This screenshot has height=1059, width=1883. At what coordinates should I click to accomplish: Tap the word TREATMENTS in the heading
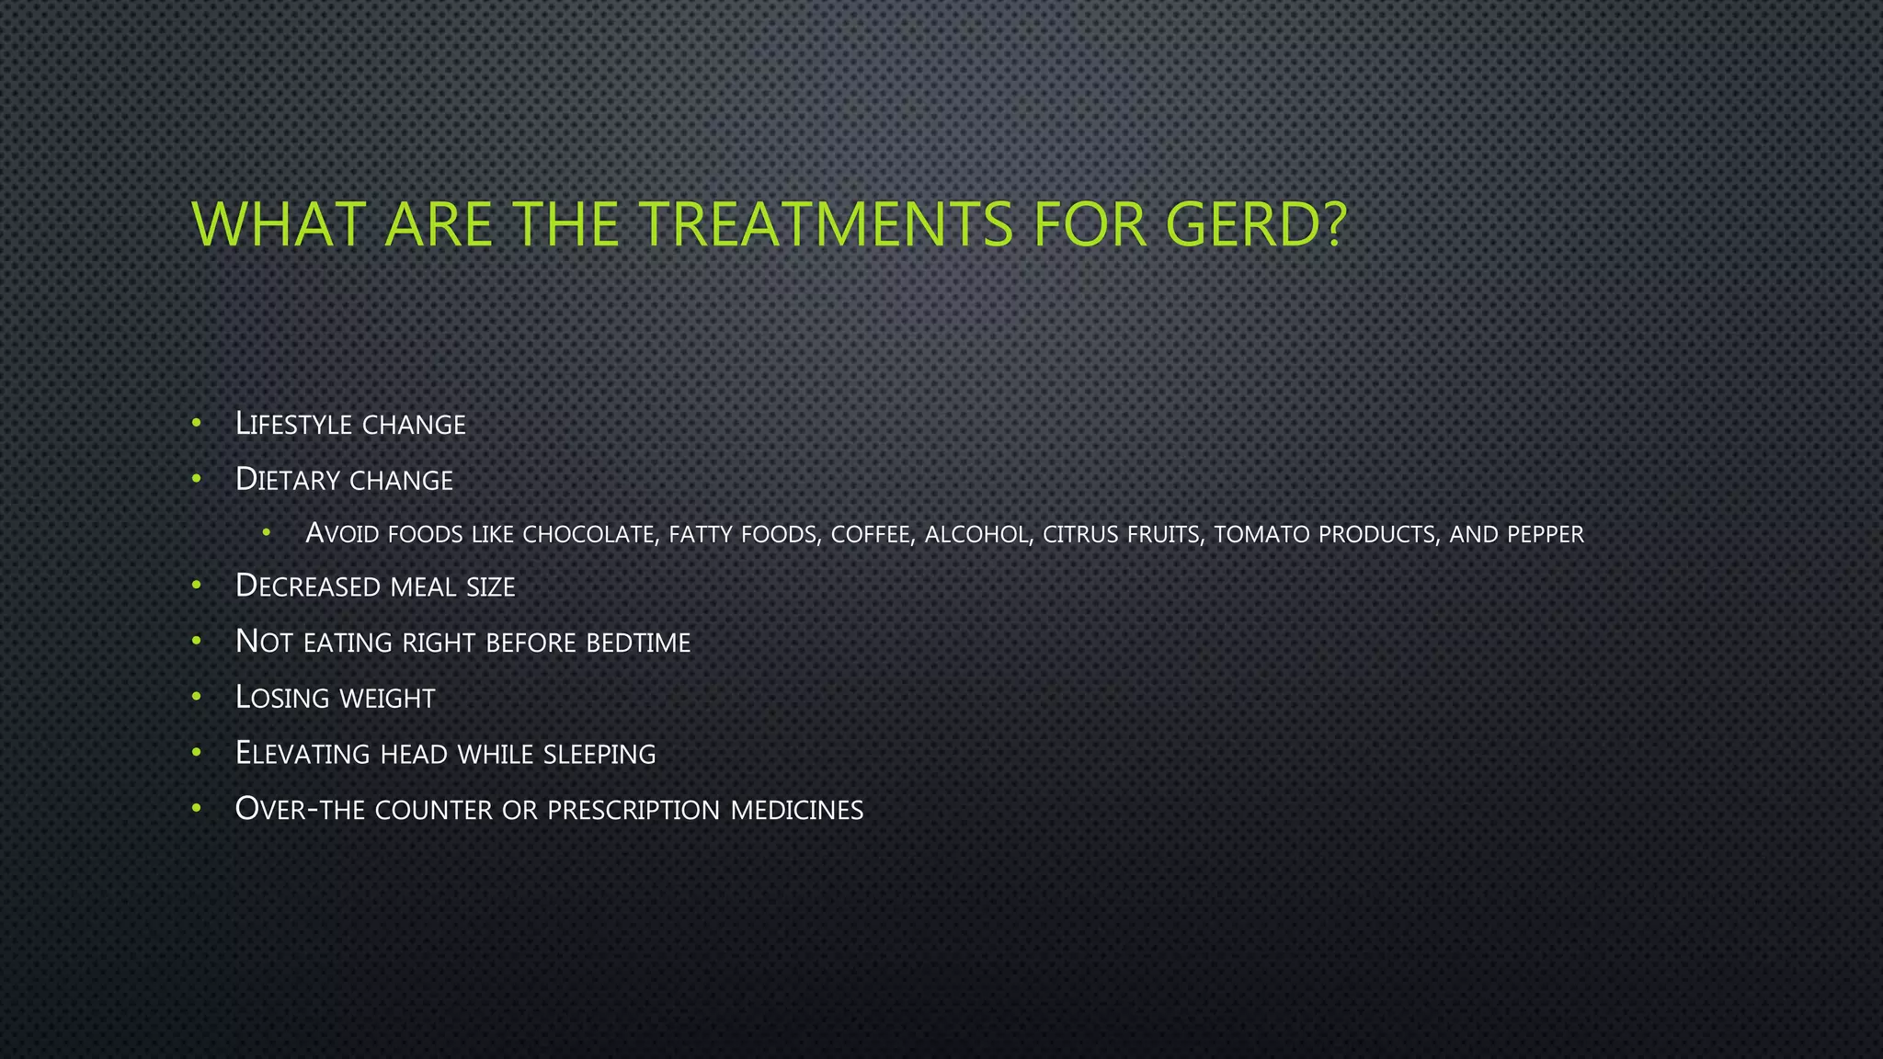826,223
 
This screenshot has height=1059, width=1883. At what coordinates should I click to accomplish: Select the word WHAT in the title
277,223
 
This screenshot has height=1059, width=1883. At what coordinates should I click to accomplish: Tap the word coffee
873,534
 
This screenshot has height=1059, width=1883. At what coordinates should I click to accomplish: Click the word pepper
1545,534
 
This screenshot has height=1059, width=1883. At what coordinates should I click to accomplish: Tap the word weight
386,698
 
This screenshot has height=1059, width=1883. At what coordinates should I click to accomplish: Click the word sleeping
599,754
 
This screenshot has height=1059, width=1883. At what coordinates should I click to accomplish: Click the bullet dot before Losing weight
196,697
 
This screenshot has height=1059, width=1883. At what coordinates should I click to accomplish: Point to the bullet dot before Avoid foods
267,532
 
